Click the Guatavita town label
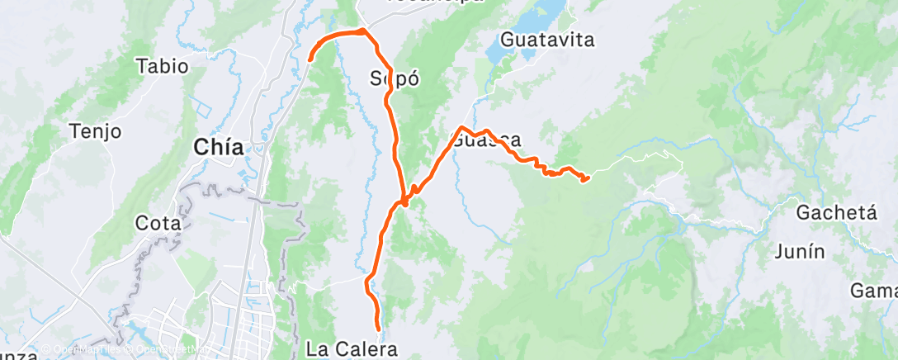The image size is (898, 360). pos(547,40)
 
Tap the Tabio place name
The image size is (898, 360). pos(163,66)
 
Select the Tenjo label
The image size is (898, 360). pos(96,130)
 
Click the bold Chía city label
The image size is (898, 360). pos(218,148)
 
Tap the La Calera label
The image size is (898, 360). pos(346,349)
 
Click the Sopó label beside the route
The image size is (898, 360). pos(395,80)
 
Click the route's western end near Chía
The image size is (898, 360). pos(310,59)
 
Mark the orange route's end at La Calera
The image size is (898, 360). pos(379,330)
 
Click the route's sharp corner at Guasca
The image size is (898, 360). pos(461,128)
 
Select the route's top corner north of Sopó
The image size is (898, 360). pos(362,31)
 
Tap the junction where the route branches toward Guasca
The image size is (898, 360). pos(404,201)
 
